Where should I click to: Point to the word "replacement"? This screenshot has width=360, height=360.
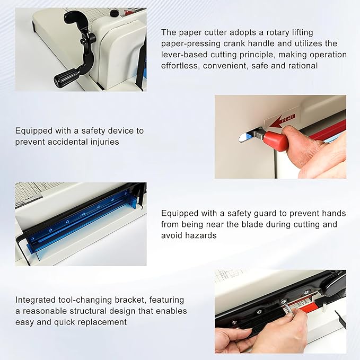(103, 322)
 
